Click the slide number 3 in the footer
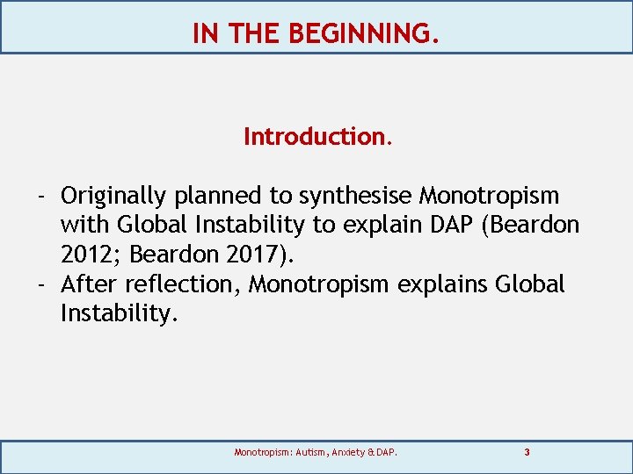pos(527,453)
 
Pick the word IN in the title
pos(205,33)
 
